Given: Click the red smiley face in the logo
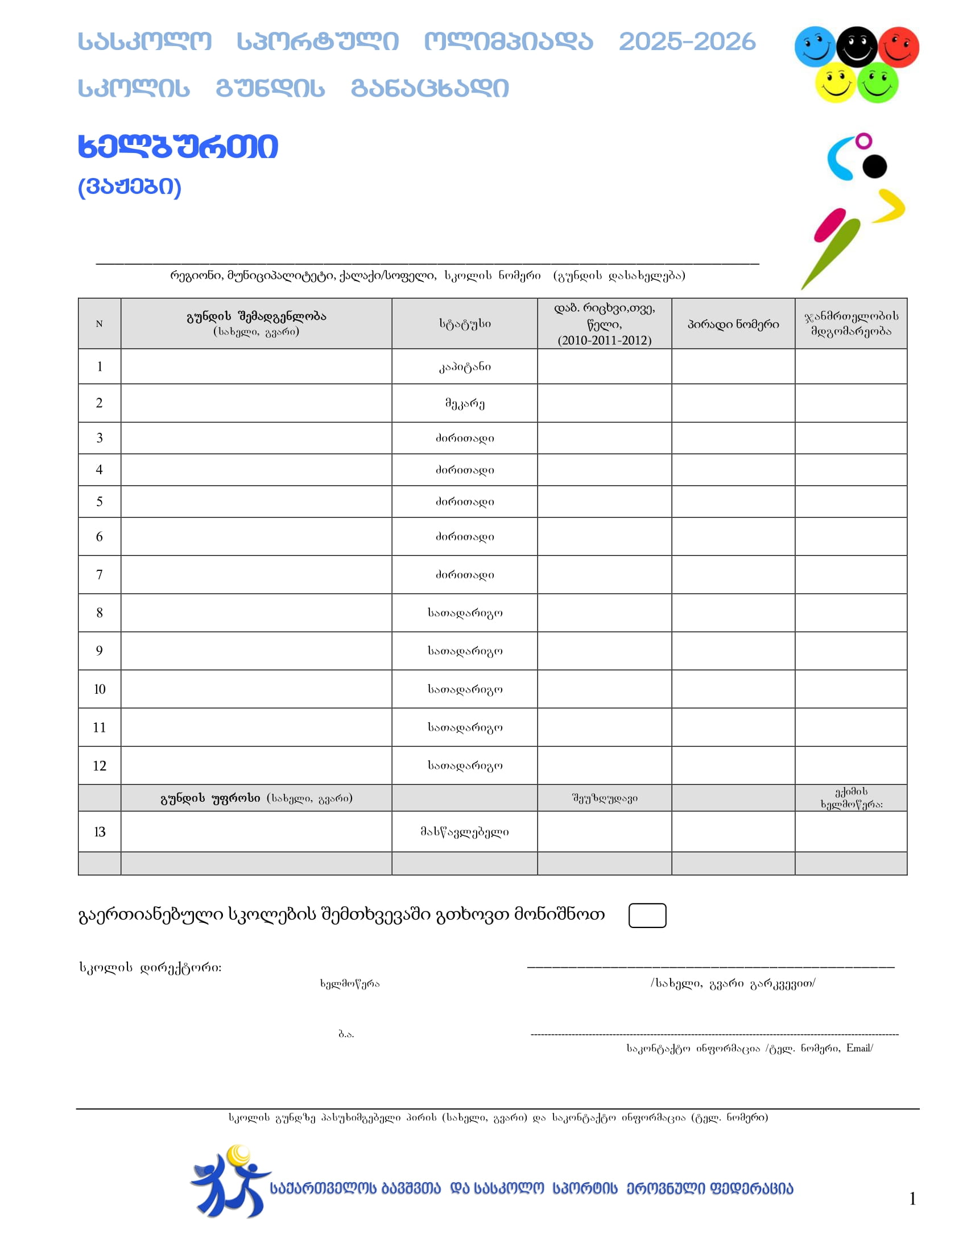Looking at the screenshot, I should coord(898,47).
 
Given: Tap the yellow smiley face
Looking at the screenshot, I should coord(834,83).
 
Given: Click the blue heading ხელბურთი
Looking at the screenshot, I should coord(177,147).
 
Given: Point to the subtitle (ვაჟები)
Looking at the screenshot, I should coord(130,187).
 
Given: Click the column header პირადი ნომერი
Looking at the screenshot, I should coord(733,324).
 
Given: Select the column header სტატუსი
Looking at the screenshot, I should coord(465,324).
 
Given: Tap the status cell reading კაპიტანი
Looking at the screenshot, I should coord(465,367).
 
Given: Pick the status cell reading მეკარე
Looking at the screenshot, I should coord(465,403).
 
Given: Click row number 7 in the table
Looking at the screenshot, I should coord(99,574).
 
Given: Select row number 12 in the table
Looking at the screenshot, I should coord(99,766).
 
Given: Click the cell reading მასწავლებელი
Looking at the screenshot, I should coord(465,832).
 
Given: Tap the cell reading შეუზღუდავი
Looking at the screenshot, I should coord(604,798).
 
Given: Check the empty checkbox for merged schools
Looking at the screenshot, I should coord(647,916).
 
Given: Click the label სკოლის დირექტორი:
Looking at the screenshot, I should coord(150,967).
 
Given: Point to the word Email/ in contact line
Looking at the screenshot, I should coord(859,1048).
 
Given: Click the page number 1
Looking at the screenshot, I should coord(912,1199).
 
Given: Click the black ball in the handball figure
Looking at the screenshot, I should coord(874,167).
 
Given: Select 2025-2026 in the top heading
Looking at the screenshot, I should coord(687,42).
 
